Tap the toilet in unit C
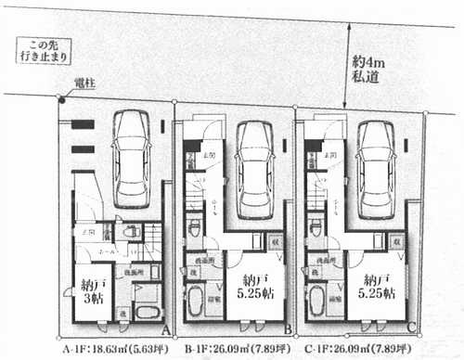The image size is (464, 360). point(314,225)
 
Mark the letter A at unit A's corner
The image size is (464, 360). point(165,328)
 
